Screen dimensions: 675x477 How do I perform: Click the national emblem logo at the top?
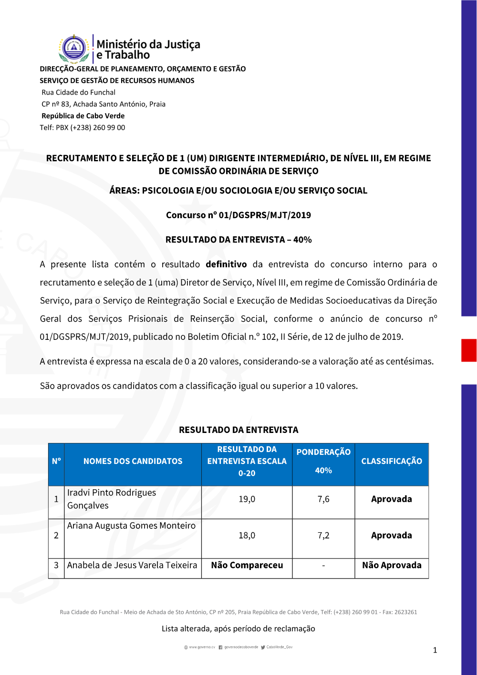tap(74, 49)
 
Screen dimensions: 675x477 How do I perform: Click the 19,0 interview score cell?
tap(247, 499)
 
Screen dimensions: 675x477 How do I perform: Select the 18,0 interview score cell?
tap(247, 536)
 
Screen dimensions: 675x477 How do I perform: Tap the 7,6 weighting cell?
tap(323, 499)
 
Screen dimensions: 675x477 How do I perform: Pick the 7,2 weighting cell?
tap(323, 536)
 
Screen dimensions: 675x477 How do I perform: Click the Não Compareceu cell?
tap(247, 565)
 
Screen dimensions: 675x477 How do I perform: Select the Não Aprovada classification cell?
tap(392, 565)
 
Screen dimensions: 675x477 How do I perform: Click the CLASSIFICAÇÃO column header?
tap(392, 461)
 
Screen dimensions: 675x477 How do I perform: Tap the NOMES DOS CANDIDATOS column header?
tap(133, 461)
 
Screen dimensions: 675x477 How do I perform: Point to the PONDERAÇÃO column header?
tap(323, 452)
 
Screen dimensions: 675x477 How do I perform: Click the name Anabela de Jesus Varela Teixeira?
tap(132, 565)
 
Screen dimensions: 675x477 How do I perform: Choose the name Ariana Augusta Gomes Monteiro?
tap(131, 526)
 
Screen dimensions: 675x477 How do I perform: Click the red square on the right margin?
tap(469, 350)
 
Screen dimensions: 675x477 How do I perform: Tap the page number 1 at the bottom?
tap(435, 650)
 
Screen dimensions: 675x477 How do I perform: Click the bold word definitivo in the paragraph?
tap(226, 264)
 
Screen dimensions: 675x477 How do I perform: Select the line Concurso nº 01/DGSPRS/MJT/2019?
tap(238, 215)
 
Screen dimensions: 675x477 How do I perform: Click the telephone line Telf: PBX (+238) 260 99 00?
tap(83, 127)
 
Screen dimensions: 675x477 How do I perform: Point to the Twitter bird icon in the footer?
tap(263, 647)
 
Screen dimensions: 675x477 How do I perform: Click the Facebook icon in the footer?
tap(220, 647)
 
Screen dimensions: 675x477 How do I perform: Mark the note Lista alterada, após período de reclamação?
tap(238, 629)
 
